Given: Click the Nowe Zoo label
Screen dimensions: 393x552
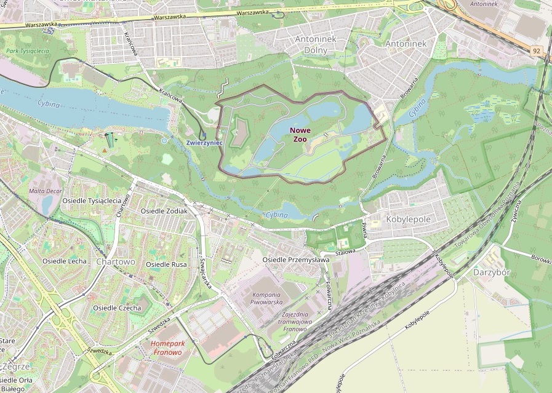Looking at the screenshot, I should pyautogui.click(x=300, y=135).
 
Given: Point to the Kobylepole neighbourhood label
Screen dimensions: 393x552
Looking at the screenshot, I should pyautogui.click(x=407, y=219).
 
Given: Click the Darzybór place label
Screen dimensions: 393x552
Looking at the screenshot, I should pyautogui.click(x=493, y=271).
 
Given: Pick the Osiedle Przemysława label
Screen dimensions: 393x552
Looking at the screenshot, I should pyautogui.click(x=296, y=260).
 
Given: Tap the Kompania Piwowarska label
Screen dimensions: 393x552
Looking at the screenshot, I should pyautogui.click(x=275, y=298).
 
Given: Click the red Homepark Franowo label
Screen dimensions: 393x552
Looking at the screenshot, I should pyautogui.click(x=166, y=348).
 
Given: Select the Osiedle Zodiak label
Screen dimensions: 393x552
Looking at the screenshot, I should pyautogui.click(x=164, y=211).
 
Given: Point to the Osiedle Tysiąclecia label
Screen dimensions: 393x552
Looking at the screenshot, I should pyautogui.click(x=92, y=201).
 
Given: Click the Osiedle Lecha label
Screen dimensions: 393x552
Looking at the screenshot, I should pyautogui.click(x=65, y=261).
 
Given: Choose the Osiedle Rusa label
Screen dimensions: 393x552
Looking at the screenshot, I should pyautogui.click(x=166, y=264).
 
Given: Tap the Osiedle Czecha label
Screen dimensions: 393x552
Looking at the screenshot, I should pyautogui.click(x=117, y=308).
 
